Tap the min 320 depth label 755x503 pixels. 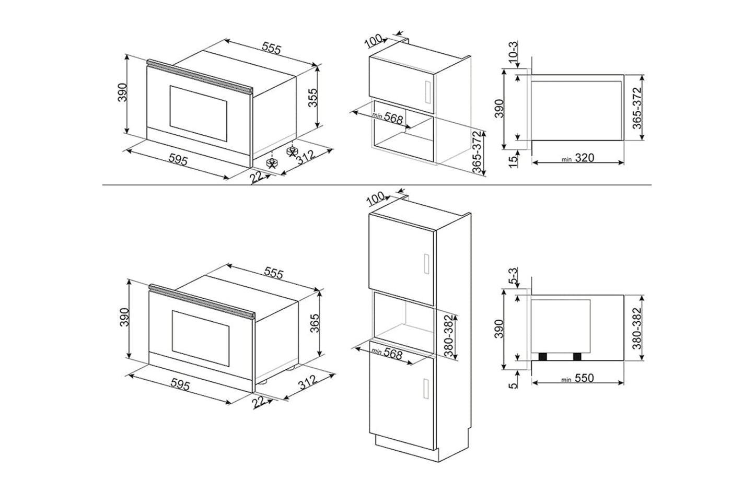578,158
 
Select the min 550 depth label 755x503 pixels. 578,379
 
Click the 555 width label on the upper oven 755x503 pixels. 271,48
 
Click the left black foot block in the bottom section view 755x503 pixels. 544,357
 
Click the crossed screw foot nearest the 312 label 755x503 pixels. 291,151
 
